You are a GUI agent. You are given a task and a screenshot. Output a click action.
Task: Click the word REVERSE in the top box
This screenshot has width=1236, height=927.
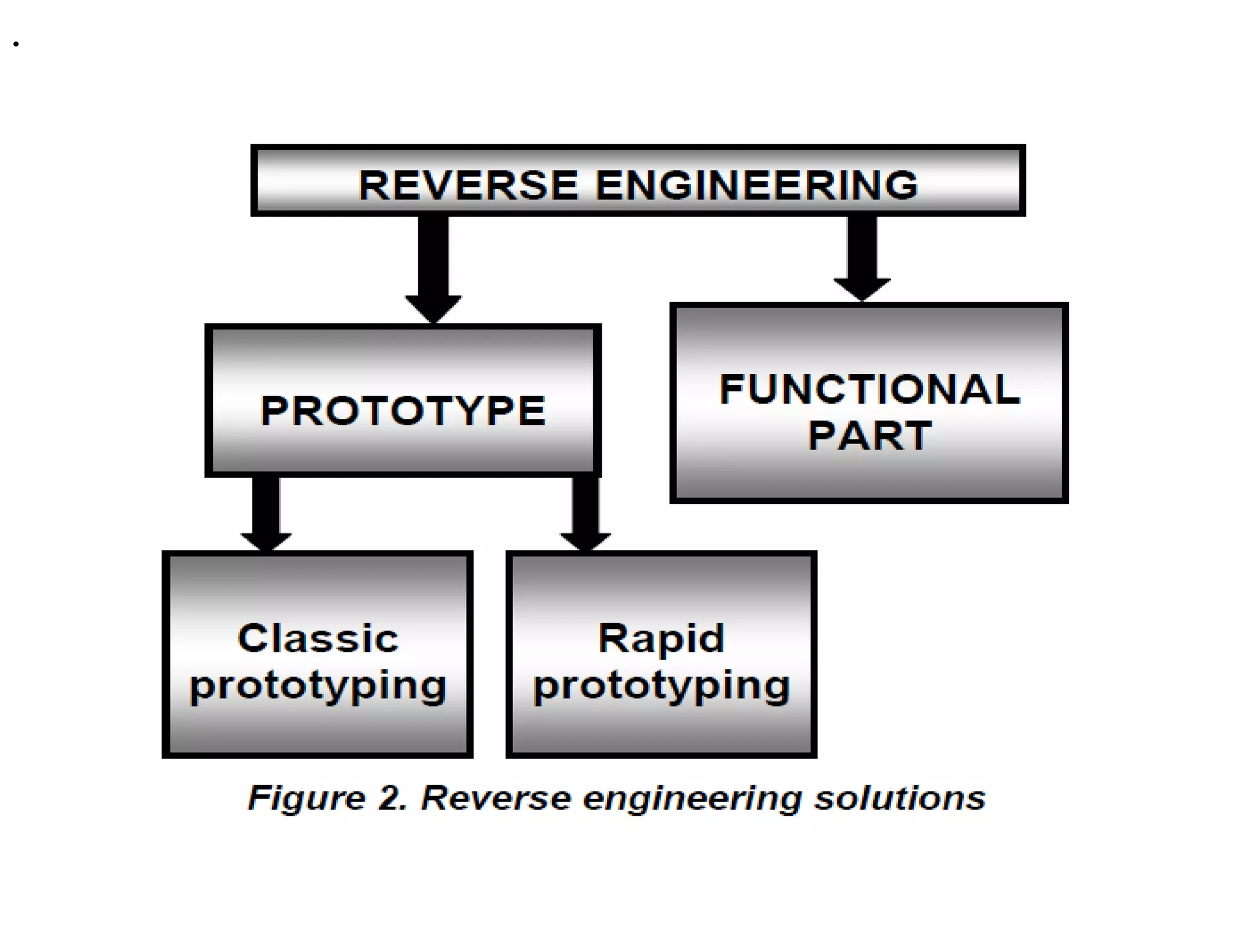(468, 185)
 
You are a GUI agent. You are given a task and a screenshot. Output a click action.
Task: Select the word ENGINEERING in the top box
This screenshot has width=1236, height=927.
(757, 185)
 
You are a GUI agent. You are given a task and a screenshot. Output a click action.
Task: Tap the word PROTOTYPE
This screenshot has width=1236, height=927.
(403, 411)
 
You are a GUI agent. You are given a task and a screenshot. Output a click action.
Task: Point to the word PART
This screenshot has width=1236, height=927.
(870, 436)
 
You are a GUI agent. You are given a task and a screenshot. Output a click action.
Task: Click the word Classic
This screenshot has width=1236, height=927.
(318, 638)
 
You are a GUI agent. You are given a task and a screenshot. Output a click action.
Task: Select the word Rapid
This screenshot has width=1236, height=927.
(661, 638)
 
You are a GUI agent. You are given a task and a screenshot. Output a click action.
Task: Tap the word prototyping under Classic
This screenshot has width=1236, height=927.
(318, 687)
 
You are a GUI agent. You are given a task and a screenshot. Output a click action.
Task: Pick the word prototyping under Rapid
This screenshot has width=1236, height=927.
(661, 687)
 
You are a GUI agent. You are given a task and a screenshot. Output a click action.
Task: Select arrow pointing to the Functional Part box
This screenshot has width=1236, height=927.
(862, 253)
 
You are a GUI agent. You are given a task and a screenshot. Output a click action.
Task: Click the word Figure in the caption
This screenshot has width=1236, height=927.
(307, 798)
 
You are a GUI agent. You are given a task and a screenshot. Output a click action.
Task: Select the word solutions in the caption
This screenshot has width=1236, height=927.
(899, 798)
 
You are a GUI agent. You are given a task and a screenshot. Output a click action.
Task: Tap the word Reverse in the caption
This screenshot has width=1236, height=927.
(495, 798)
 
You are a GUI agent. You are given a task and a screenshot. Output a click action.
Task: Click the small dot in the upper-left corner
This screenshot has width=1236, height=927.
(16, 44)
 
